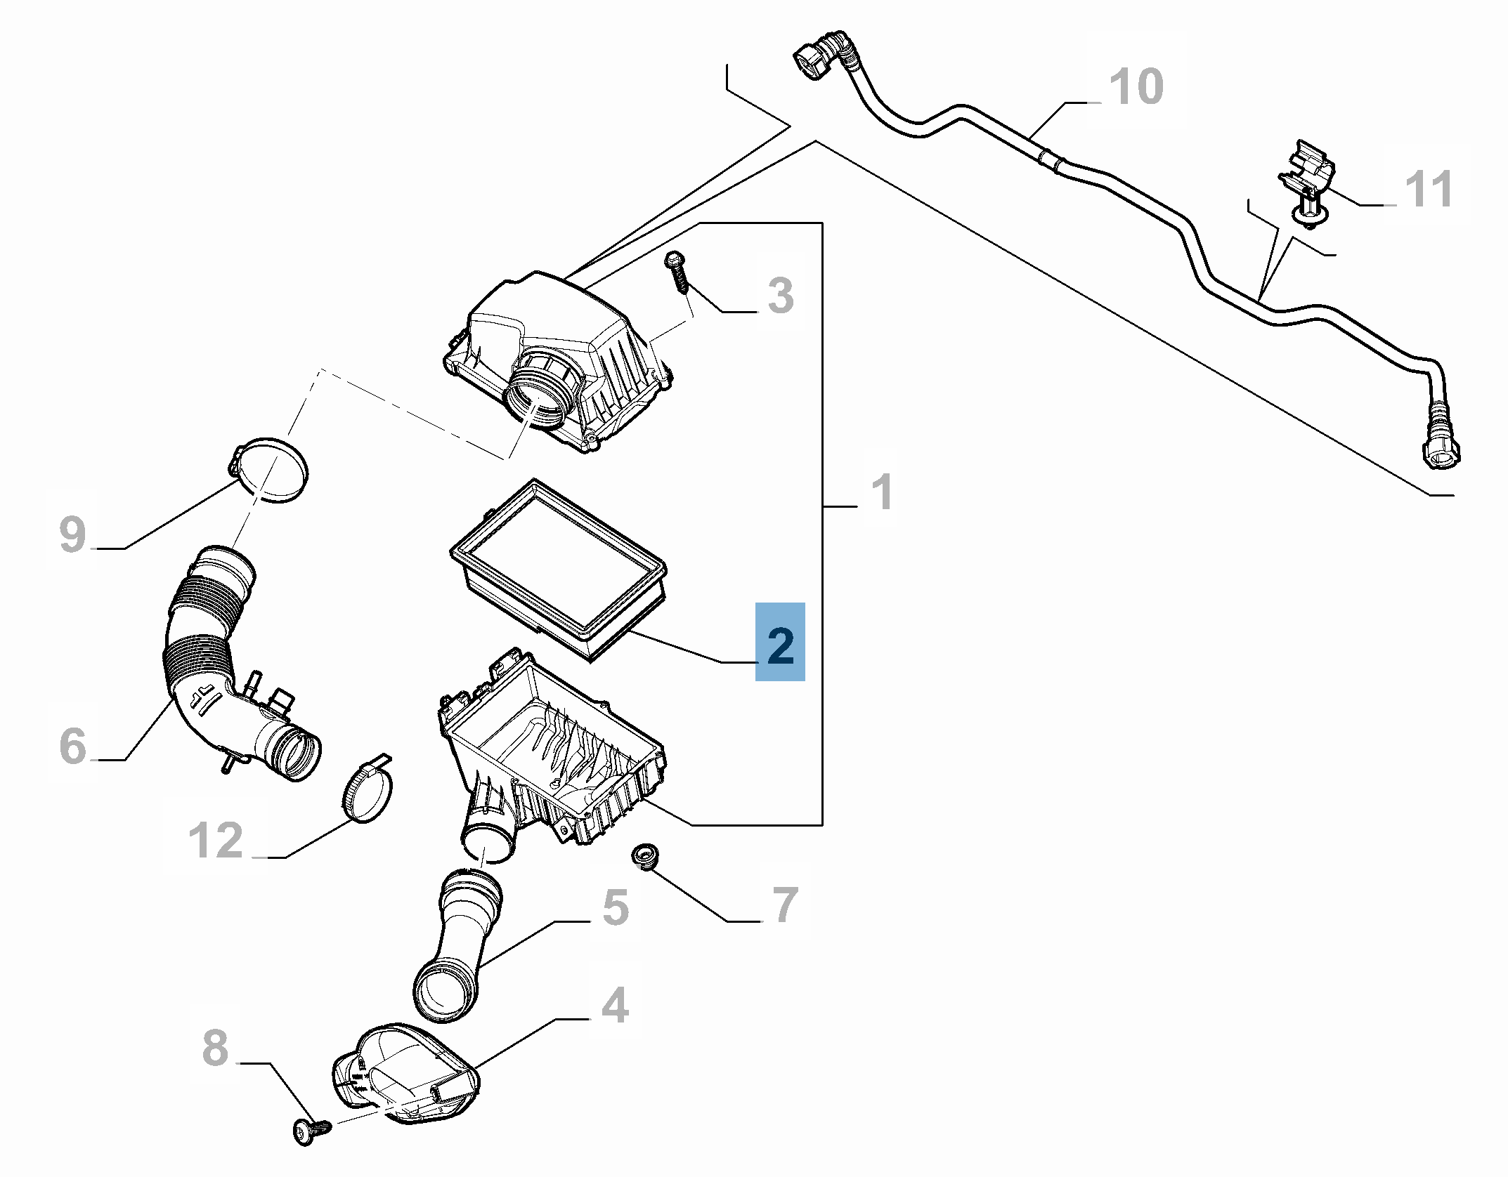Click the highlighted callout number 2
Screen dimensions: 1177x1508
point(780,642)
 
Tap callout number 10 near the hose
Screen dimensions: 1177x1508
point(1136,88)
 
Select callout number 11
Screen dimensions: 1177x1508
point(1428,190)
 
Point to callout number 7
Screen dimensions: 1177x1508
point(784,905)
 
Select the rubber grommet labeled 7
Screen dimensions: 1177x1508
point(643,857)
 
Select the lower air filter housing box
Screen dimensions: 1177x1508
point(555,758)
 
